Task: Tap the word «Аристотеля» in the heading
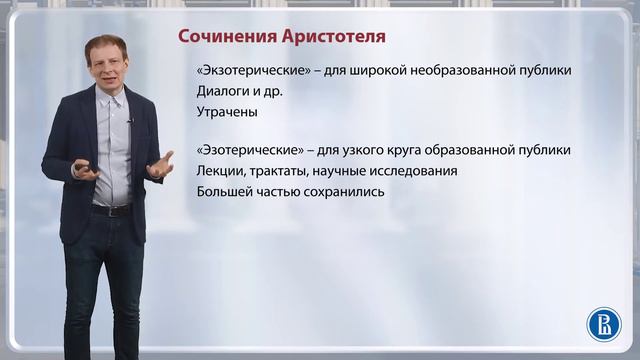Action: [327, 37]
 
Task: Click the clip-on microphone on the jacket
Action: [130, 121]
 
